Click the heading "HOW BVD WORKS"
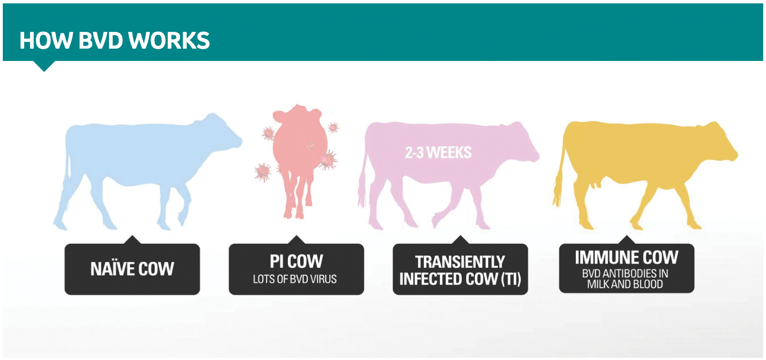pos(115,40)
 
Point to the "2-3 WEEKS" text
pos(438,152)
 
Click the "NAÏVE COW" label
pos(132,269)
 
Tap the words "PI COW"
pos(296,262)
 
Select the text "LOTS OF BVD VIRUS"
pos(295,279)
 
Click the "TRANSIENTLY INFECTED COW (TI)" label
pos(460,270)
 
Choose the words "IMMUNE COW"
pos(626,258)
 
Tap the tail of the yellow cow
pos(559,179)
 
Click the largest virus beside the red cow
pos(327,160)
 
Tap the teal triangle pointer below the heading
pos(44,66)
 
